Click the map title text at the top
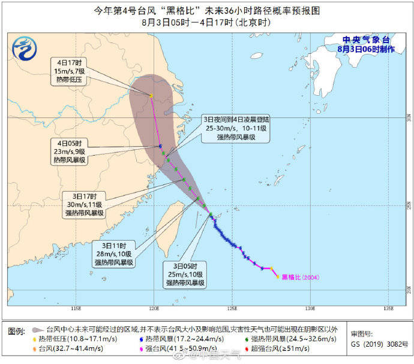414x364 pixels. (207, 11)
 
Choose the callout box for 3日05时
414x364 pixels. (186, 274)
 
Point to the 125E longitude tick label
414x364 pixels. (232, 309)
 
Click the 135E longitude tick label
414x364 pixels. (388, 309)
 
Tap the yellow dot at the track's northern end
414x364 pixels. (151, 95)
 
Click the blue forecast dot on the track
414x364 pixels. (160, 146)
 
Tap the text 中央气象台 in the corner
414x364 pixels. (365, 40)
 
